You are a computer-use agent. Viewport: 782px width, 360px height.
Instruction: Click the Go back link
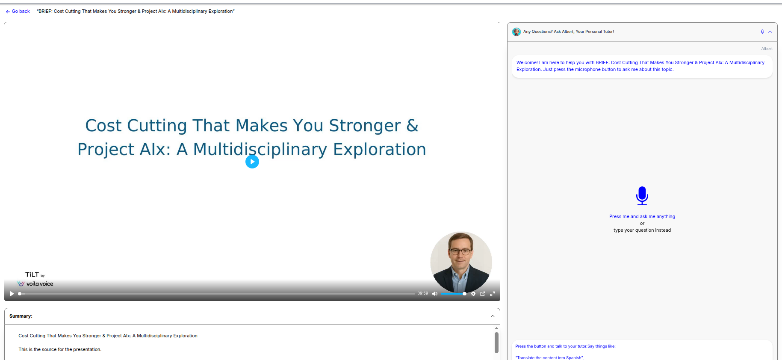(18, 12)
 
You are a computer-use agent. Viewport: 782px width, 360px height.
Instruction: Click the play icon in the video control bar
(12, 294)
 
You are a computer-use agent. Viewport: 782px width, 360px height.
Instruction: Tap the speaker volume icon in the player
(435, 294)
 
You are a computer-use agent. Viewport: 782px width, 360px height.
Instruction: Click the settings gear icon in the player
(473, 294)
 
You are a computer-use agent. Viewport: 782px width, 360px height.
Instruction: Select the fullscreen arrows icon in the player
(493, 294)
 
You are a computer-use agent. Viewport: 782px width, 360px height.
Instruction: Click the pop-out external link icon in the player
(483, 294)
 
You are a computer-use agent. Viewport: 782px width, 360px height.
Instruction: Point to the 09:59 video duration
(423, 293)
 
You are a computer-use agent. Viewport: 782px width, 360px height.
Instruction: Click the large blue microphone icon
(642, 196)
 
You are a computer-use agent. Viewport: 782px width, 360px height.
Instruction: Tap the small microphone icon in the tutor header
(762, 32)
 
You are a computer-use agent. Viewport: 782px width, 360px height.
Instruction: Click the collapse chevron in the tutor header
(770, 32)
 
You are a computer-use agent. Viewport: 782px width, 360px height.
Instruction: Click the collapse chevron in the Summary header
(493, 316)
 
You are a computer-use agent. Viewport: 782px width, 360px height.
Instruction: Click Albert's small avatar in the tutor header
(516, 32)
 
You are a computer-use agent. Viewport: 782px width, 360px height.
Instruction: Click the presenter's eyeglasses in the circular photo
(460, 251)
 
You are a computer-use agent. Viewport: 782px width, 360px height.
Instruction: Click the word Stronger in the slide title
(365, 126)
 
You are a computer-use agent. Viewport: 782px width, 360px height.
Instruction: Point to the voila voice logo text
(40, 284)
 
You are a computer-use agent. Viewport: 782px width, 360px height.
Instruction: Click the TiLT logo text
(32, 274)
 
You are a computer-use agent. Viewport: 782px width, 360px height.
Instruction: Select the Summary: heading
(21, 316)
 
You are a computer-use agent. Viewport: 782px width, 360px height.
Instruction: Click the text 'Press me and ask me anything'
(642, 217)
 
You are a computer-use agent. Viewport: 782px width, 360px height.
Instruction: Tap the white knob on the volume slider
(465, 294)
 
